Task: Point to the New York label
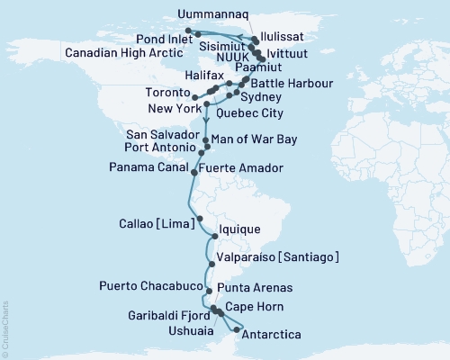coord(169,106)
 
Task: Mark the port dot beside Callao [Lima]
coord(199,219)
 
